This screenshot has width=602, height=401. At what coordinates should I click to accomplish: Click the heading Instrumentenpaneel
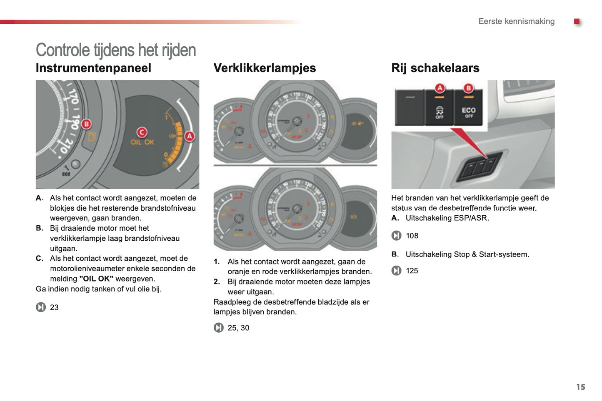[x=93, y=68]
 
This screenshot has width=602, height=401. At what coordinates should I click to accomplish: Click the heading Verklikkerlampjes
[x=265, y=68]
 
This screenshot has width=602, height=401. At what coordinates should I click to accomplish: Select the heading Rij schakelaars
[x=435, y=68]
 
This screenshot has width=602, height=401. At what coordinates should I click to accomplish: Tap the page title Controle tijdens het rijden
[x=116, y=50]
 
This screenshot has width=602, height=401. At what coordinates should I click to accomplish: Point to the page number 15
[x=580, y=387]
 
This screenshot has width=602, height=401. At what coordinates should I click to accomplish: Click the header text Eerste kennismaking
[x=516, y=21]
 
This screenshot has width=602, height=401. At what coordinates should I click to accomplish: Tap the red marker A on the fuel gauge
[x=190, y=136]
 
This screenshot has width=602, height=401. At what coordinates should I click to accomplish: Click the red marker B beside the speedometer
[x=86, y=124]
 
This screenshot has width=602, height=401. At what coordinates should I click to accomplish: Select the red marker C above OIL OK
[x=142, y=132]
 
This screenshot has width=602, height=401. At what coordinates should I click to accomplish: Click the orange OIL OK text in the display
[x=142, y=142]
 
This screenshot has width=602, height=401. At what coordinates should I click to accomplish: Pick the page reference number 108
[x=412, y=236]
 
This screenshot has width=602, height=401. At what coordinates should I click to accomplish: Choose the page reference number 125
[x=412, y=271]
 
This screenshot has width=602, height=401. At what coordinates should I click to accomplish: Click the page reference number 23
[x=54, y=307]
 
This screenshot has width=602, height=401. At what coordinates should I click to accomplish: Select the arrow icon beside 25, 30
[x=219, y=328]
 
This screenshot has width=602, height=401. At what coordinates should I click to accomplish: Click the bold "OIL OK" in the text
[x=96, y=279]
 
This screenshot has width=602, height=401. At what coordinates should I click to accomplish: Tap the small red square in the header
[x=577, y=21]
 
